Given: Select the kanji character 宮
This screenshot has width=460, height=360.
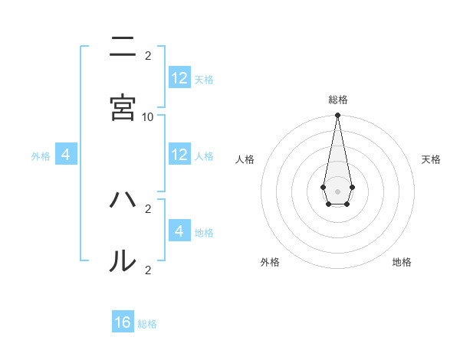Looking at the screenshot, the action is (123, 107).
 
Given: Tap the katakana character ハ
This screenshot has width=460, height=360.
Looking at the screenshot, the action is (123, 201).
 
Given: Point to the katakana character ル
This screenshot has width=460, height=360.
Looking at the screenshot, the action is (123, 261).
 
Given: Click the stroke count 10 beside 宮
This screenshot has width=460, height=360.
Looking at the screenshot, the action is (148, 116).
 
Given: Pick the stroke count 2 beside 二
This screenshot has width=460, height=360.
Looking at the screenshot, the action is (148, 56).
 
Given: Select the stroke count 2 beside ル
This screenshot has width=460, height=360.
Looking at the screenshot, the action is (148, 270).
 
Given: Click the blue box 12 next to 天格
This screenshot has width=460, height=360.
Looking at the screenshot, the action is (179, 78).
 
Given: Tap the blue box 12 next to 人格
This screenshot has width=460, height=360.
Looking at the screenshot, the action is (179, 155).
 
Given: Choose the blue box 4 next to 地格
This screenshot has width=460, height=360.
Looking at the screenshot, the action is (179, 231).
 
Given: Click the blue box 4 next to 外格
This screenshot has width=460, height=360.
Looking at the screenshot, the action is (66, 155).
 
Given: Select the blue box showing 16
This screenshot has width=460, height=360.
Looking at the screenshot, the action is (123, 322).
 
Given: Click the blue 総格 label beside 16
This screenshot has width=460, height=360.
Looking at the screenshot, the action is (147, 324).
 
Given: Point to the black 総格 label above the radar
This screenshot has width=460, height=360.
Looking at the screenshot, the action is (337, 100).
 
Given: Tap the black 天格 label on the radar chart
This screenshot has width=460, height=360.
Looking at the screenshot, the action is (431, 159).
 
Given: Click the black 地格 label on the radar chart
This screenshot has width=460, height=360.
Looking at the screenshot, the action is (402, 262).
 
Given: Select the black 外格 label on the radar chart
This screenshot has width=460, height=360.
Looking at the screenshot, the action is (270, 262).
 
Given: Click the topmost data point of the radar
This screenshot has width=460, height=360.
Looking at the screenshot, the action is (337, 116).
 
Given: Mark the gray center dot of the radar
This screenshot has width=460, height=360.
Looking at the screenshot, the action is (337, 190).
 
